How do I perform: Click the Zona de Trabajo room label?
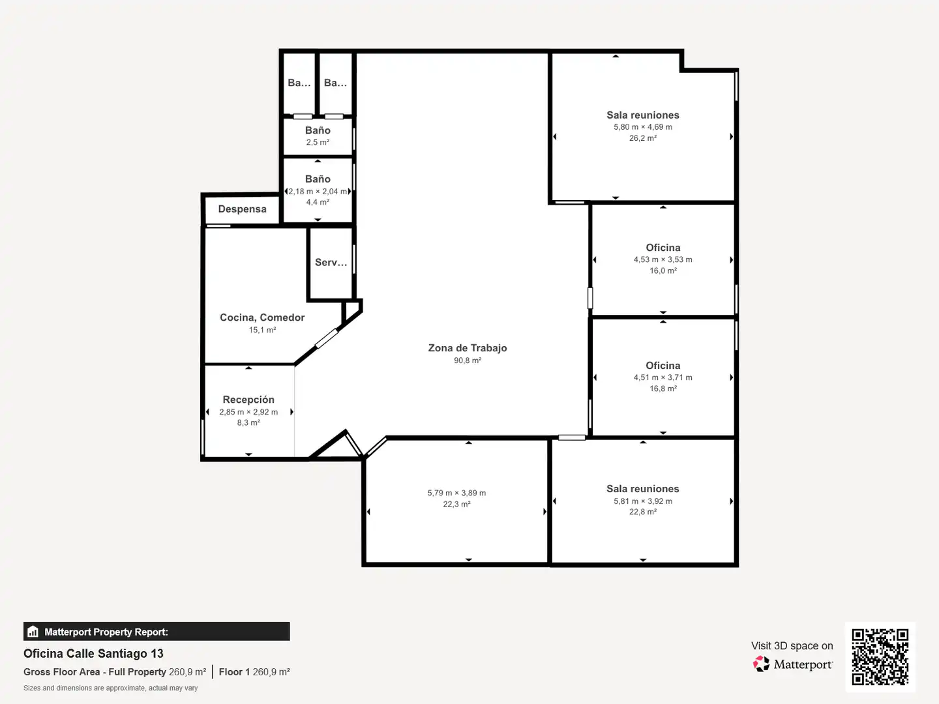pyautogui.click(x=467, y=348)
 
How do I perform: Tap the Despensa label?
pyautogui.click(x=242, y=209)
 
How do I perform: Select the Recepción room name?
pyautogui.click(x=248, y=400)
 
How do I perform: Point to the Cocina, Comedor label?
pyautogui.click(x=261, y=317)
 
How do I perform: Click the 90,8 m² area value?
pyautogui.click(x=467, y=360)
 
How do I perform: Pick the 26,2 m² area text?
pyautogui.click(x=642, y=138)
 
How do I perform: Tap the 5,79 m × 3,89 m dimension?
pyautogui.click(x=456, y=493)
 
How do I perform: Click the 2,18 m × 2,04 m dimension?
pyautogui.click(x=318, y=192)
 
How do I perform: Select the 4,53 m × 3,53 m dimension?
pyautogui.click(x=663, y=259)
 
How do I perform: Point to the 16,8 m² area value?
pyautogui.click(x=663, y=389)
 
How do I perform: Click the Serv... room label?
pyautogui.click(x=331, y=263)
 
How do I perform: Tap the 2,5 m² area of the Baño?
pyautogui.click(x=318, y=142)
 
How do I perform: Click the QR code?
pyautogui.click(x=880, y=656)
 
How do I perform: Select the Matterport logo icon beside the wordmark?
pyautogui.click(x=761, y=664)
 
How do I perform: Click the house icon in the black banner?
pyautogui.click(x=33, y=632)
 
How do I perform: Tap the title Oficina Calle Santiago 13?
pyautogui.click(x=93, y=654)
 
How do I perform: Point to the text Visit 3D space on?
pyautogui.click(x=792, y=646)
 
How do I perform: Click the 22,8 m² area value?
pyautogui.click(x=642, y=512)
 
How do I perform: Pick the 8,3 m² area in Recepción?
pyautogui.click(x=248, y=423)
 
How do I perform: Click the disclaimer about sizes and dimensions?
pyautogui.click(x=110, y=688)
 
